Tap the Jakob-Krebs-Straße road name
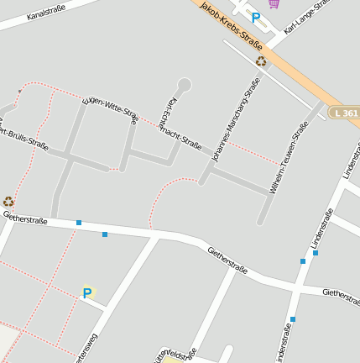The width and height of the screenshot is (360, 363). [232, 25]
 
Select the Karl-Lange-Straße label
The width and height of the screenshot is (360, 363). [307, 17]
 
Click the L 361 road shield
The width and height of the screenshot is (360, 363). [344, 113]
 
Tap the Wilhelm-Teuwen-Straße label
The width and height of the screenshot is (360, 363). [289, 156]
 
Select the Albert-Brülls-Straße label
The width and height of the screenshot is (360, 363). [25, 139]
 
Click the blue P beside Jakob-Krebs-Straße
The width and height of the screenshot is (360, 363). [256, 17]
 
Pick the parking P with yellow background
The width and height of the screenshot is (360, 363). [87, 293]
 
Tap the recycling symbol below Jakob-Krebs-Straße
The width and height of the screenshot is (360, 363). [261, 61]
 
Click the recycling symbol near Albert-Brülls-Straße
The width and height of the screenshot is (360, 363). [8, 202]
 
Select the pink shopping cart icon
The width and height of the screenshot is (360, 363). [274, 3]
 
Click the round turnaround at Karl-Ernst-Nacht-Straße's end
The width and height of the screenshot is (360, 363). [185, 84]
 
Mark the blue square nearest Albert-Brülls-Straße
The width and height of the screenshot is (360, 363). [78, 223]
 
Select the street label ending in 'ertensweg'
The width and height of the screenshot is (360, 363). [84, 349]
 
